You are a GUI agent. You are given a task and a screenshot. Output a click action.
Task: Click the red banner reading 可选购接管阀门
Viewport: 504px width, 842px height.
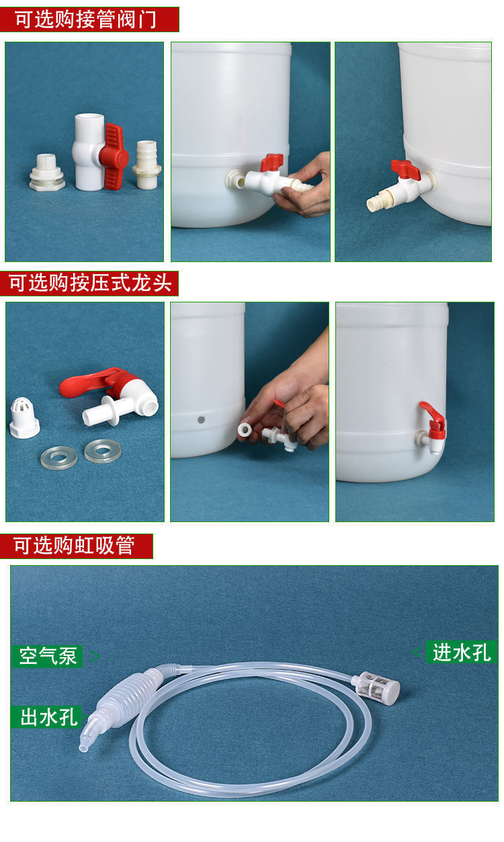[x=89, y=19]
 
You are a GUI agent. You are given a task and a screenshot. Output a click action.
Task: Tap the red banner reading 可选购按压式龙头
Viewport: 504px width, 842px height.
[x=89, y=283]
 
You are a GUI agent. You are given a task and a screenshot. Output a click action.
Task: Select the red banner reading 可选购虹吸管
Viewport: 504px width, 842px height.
[x=77, y=546]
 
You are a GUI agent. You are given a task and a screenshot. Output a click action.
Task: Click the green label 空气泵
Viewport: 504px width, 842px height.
[x=47, y=657]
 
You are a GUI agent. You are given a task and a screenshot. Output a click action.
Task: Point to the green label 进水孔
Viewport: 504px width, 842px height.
[x=461, y=652]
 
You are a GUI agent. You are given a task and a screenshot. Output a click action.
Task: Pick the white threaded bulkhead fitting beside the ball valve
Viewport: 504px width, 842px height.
[x=47, y=172]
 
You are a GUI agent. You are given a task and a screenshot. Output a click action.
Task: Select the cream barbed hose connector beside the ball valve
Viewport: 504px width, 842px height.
[x=146, y=165]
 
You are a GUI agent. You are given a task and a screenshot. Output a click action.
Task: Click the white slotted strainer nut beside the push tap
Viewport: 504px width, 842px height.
[x=24, y=417]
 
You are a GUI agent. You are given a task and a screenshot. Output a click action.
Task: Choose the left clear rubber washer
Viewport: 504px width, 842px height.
[x=59, y=458]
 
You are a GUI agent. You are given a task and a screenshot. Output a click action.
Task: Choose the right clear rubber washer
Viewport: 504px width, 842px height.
[x=103, y=451]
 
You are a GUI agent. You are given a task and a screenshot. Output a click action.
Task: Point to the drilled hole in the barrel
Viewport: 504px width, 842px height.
[x=201, y=419]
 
